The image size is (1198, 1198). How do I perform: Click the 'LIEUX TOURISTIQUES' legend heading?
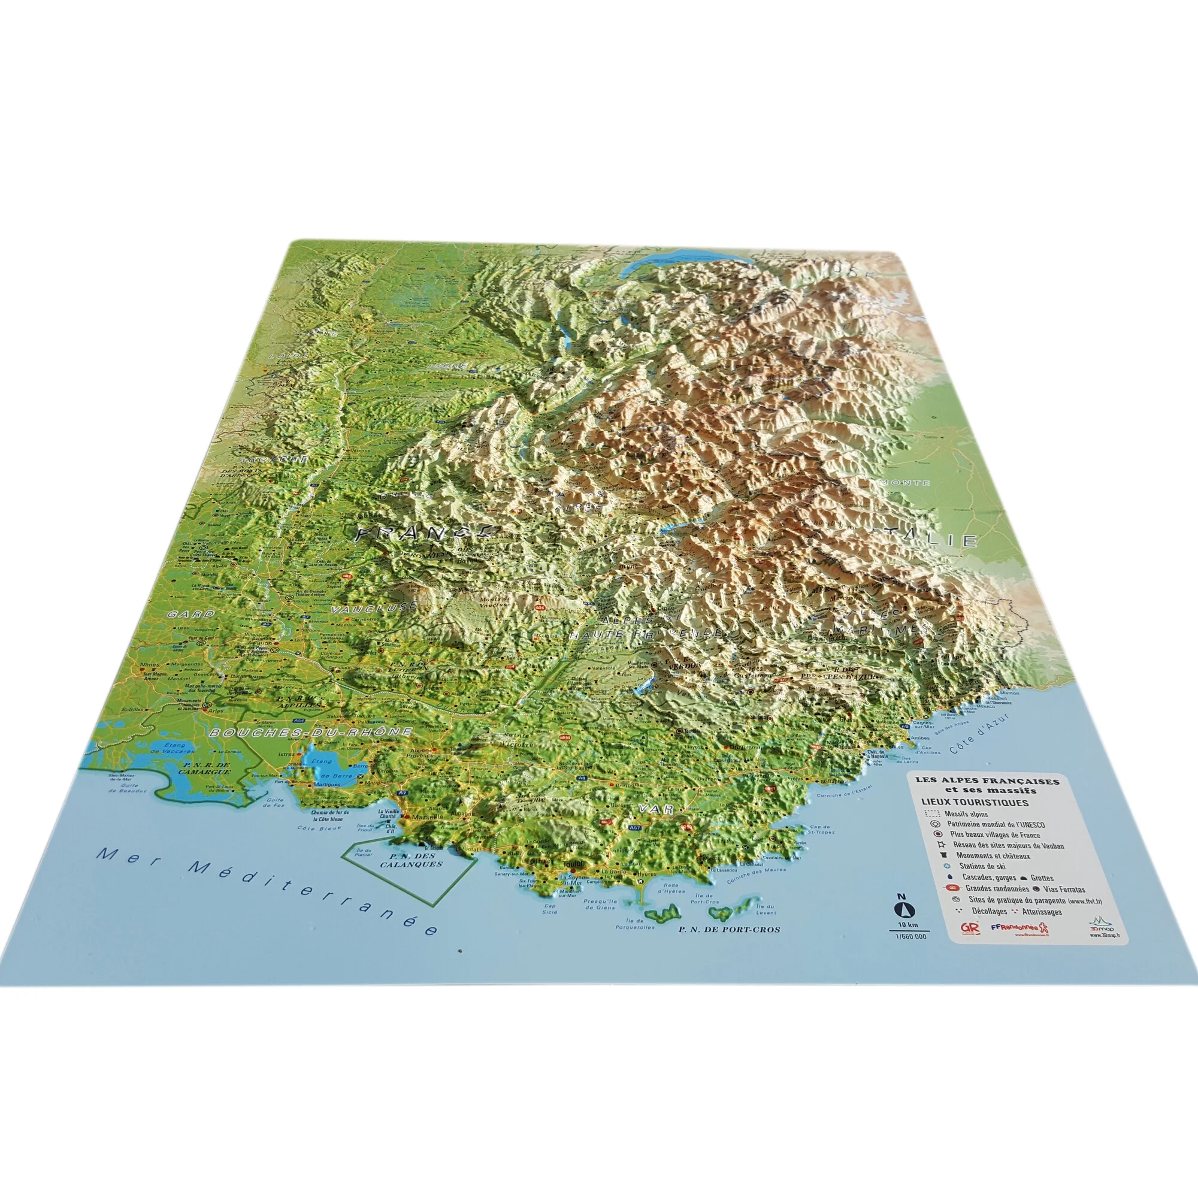click(x=975, y=803)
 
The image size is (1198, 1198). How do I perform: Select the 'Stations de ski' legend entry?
click(x=982, y=866)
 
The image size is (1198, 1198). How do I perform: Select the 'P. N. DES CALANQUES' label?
click(x=411, y=860)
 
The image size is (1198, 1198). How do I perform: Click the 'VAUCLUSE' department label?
click(x=371, y=610)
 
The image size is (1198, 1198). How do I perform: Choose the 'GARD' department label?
click(x=190, y=615)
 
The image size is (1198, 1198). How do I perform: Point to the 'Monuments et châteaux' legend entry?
click(x=988, y=856)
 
